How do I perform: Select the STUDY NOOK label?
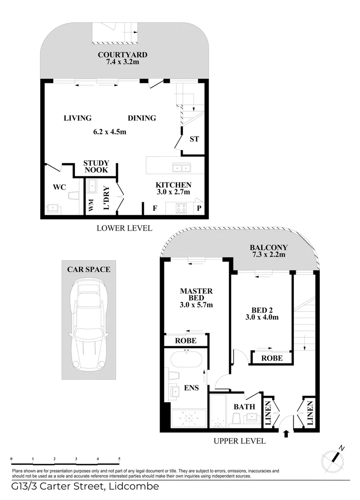[x=96, y=166]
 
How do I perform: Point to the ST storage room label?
[x=194, y=139]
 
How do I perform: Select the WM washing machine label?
[x=91, y=205]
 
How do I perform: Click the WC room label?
[x=60, y=187]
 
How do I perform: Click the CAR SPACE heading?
[x=89, y=269]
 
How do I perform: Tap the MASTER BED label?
[x=196, y=294]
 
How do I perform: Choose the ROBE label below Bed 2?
[x=272, y=358]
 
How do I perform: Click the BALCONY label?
[x=268, y=248]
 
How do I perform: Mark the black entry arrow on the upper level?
[x=286, y=433]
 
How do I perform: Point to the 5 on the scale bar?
[x=119, y=459]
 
